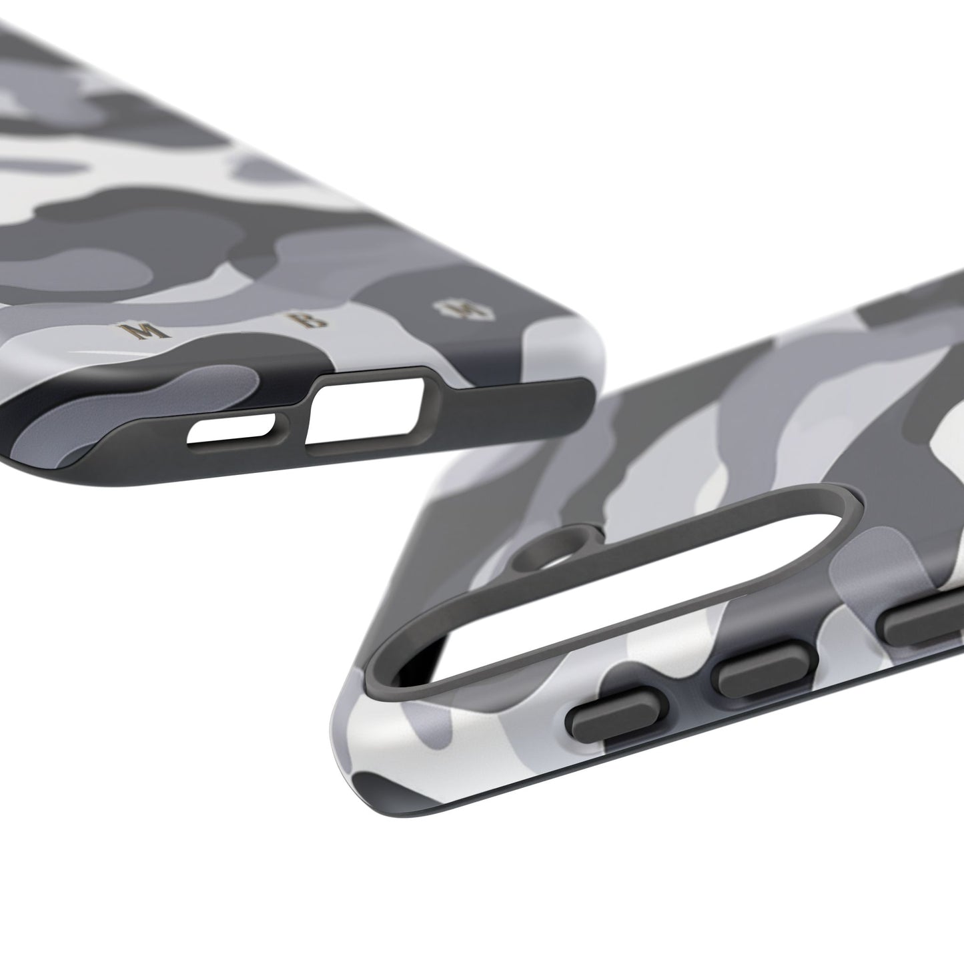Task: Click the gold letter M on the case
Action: tap(142, 330)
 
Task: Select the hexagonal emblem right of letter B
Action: tap(449, 308)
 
